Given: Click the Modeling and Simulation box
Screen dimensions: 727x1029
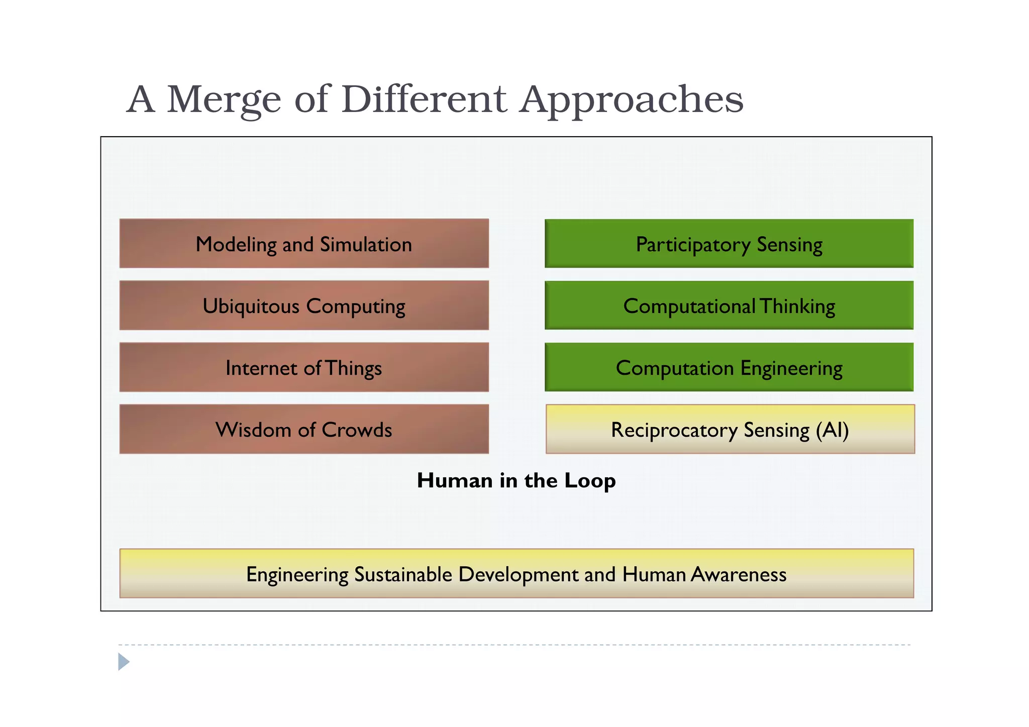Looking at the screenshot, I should click(304, 244).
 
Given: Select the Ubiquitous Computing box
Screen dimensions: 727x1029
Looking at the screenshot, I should click(304, 305).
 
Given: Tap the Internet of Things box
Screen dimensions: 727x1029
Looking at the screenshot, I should click(304, 367).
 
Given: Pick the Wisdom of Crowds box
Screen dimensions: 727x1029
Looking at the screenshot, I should click(304, 429).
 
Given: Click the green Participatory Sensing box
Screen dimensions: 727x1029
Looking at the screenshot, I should click(729, 244).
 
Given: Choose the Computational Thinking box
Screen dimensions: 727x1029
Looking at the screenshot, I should click(729, 305).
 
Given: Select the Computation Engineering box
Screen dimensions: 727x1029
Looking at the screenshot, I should click(729, 367).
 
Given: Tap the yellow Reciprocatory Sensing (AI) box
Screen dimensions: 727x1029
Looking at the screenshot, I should click(730, 429).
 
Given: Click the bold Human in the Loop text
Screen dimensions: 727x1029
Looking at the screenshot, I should click(516, 481).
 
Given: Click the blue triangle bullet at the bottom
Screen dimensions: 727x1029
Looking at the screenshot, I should click(123, 662).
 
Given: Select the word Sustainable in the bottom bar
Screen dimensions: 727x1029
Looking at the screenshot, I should click(403, 574).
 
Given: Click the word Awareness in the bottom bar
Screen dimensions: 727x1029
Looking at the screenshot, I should click(738, 574).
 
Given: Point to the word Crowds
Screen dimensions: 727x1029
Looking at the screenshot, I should click(357, 430).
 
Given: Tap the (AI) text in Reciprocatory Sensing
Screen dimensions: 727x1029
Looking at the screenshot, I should click(832, 430).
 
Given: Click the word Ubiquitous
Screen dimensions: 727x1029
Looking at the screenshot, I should click(251, 306).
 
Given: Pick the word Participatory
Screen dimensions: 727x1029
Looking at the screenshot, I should click(693, 245).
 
